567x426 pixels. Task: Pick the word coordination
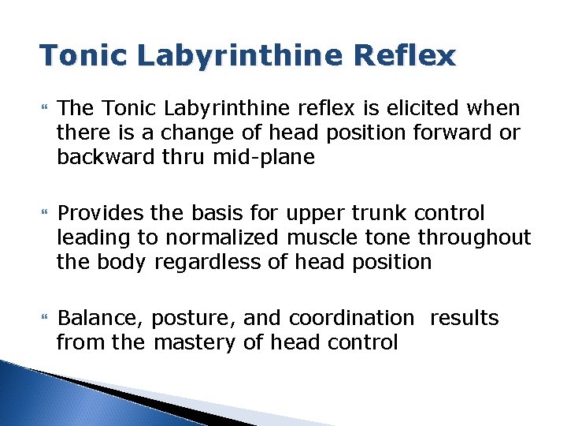351,318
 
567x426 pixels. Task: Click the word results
464,318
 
